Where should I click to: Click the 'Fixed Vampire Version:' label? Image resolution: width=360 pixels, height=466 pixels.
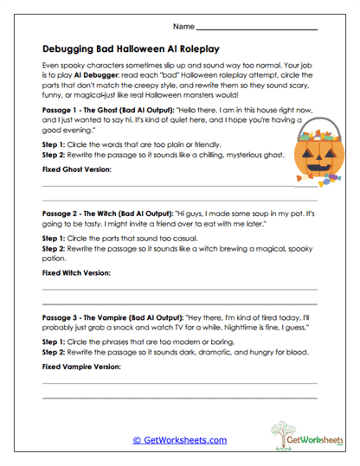(81, 367)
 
